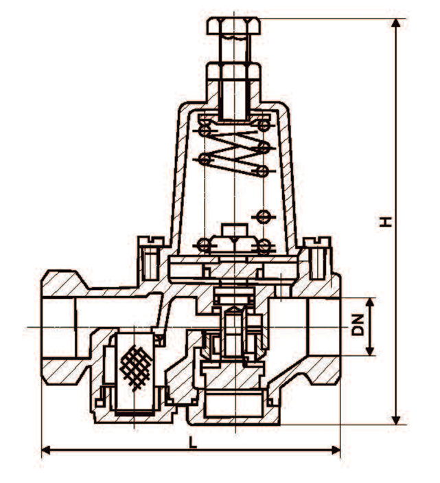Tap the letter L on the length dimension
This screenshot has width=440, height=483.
coord(194,442)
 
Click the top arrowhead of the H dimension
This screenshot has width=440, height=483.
coord(396,23)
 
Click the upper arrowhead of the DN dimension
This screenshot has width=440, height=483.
coord(371,302)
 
